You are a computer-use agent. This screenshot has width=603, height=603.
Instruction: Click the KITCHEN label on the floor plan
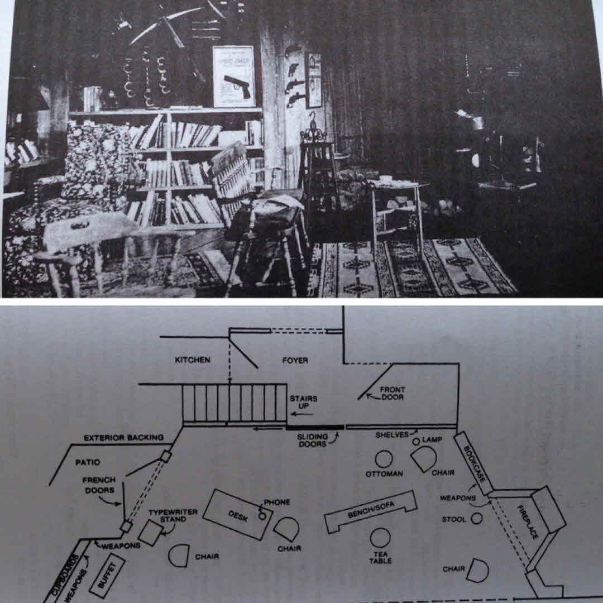[192, 360]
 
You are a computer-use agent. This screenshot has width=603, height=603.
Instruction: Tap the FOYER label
[295, 360]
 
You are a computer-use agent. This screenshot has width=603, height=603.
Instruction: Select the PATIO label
[88, 462]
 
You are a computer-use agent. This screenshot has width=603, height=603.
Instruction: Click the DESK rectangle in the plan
[238, 515]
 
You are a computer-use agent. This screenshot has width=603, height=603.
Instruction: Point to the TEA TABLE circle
[380, 538]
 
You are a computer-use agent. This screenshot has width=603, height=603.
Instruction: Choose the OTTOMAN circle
[384, 459]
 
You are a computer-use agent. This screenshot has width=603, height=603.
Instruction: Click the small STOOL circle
[476, 518]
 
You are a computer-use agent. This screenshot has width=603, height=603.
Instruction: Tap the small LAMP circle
[416, 442]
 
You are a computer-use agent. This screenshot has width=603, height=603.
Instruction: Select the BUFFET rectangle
[107, 575]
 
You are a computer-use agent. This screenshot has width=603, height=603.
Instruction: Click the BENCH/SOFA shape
[371, 511]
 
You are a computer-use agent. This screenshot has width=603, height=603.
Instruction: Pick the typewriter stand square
[151, 532]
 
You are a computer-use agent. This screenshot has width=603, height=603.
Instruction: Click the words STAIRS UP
[303, 402]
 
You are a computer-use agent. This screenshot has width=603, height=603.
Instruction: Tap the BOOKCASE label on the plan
[474, 464]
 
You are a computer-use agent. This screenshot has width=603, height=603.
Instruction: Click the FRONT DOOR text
[393, 393]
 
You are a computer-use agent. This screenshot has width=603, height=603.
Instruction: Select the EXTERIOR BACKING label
[123, 438]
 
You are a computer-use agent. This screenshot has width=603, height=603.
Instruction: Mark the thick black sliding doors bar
[315, 427]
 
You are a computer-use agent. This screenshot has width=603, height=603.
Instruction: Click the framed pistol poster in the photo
[234, 76]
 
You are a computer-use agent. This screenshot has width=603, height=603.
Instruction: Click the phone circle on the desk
[262, 515]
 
